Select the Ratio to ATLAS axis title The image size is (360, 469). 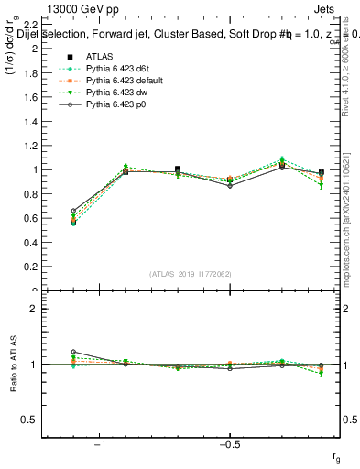pos(12,366)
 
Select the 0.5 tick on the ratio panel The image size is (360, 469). pos(30,420)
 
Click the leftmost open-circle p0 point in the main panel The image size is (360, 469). pos(73,211)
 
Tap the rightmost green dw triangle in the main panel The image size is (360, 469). pos(321,186)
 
